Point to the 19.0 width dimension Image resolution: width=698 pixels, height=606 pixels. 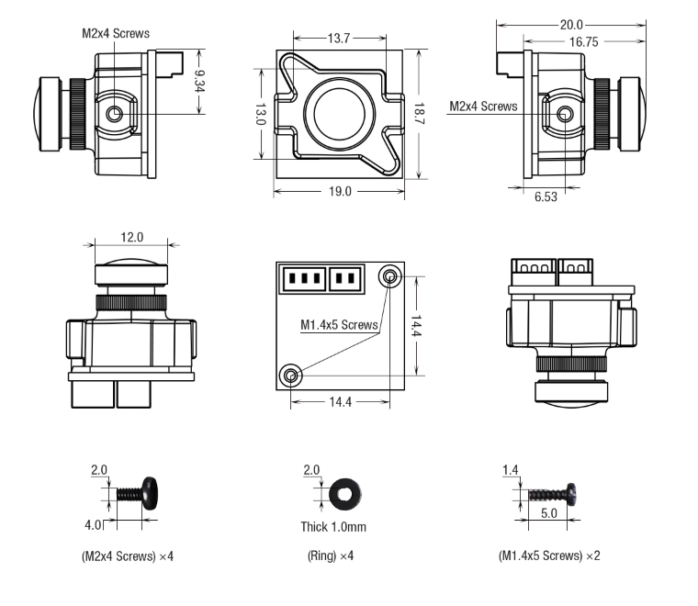coord(339,192)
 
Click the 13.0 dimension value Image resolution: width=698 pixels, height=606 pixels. coord(260,115)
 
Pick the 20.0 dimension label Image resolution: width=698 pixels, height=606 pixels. coord(569,25)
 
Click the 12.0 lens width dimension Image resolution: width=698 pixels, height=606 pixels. coord(132,237)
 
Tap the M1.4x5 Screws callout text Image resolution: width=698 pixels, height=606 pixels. coord(338,324)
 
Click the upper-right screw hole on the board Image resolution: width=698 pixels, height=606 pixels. coord(390,276)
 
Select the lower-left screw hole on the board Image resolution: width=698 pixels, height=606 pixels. coord(291,375)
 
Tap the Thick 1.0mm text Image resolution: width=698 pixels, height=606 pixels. coord(333,527)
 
